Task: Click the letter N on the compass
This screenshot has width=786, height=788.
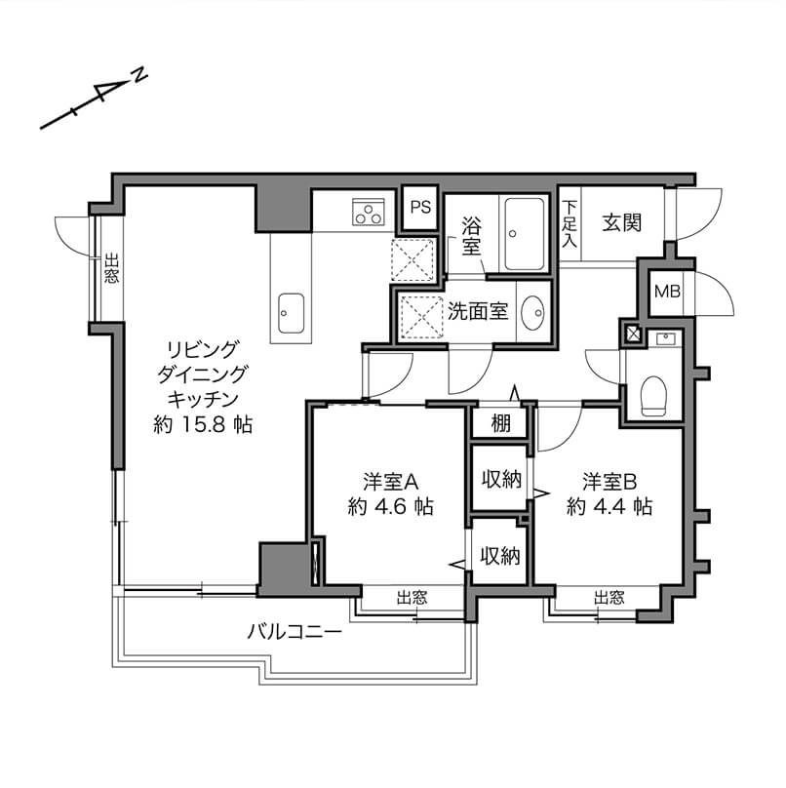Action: click(x=139, y=75)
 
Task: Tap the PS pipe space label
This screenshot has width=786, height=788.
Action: click(x=420, y=207)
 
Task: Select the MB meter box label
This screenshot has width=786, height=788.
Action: click(x=667, y=291)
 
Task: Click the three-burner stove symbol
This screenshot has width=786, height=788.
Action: click(x=369, y=212)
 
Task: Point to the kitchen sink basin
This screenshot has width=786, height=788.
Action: click(x=291, y=313)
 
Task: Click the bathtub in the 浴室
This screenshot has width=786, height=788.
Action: click(x=525, y=234)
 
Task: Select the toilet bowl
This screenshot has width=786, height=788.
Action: click(x=653, y=396)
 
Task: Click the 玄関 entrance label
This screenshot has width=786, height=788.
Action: click(x=622, y=222)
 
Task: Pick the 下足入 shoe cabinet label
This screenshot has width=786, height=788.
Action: click(x=570, y=223)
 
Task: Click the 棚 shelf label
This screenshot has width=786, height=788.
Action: click(x=500, y=423)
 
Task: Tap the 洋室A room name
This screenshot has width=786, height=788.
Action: click(x=391, y=482)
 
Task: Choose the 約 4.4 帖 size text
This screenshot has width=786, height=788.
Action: click(x=609, y=506)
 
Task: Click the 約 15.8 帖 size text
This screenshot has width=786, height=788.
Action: click(x=203, y=425)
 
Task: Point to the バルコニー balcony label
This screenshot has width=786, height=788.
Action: click(x=295, y=632)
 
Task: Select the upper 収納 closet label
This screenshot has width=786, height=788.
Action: click(x=501, y=480)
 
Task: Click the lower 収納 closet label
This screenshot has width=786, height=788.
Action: click(x=500, y=555)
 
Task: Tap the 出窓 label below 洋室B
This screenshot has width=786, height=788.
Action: click(x=609, y=598)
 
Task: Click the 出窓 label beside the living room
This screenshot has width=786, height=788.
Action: click(x=111, y=268)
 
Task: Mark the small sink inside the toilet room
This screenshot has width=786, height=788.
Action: click(x=664, y=338)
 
